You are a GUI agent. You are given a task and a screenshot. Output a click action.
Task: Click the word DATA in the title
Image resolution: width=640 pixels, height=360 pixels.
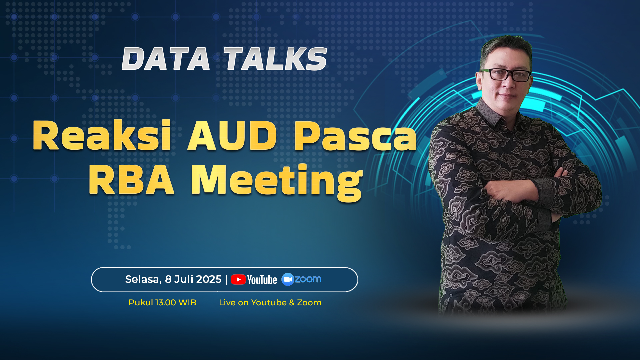tap(166, 59)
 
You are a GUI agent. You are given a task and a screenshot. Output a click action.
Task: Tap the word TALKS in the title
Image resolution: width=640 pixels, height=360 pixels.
tap(275, 59)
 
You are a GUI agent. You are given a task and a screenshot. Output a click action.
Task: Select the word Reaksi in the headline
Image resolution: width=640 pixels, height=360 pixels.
tap(102, 135)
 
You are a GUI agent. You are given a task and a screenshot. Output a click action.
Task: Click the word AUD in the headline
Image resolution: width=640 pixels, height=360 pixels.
tap(232, 135)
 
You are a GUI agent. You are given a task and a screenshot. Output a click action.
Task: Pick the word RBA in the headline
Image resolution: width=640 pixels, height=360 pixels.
tap(131, 180)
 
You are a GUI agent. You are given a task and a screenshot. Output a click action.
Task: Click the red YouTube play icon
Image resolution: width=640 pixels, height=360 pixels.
tap(238, 279)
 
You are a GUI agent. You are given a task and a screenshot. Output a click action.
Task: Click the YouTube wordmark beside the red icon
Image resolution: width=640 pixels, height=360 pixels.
tap(262, 280)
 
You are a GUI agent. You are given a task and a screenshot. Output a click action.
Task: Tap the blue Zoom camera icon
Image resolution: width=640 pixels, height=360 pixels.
tap(287, 279)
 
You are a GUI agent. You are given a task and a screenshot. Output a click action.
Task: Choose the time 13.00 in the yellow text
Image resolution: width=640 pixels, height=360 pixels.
tap(166, 303)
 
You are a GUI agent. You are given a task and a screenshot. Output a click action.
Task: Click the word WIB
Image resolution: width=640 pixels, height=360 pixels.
tap(188, 303)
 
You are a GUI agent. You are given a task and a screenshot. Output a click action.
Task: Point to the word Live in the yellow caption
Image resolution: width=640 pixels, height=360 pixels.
tap(227, 303)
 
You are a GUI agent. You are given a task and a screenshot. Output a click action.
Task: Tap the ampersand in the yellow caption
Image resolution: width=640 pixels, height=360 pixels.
tap(292, 303)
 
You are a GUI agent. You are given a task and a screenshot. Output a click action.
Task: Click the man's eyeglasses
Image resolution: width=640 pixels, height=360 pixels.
tap(505, 75)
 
